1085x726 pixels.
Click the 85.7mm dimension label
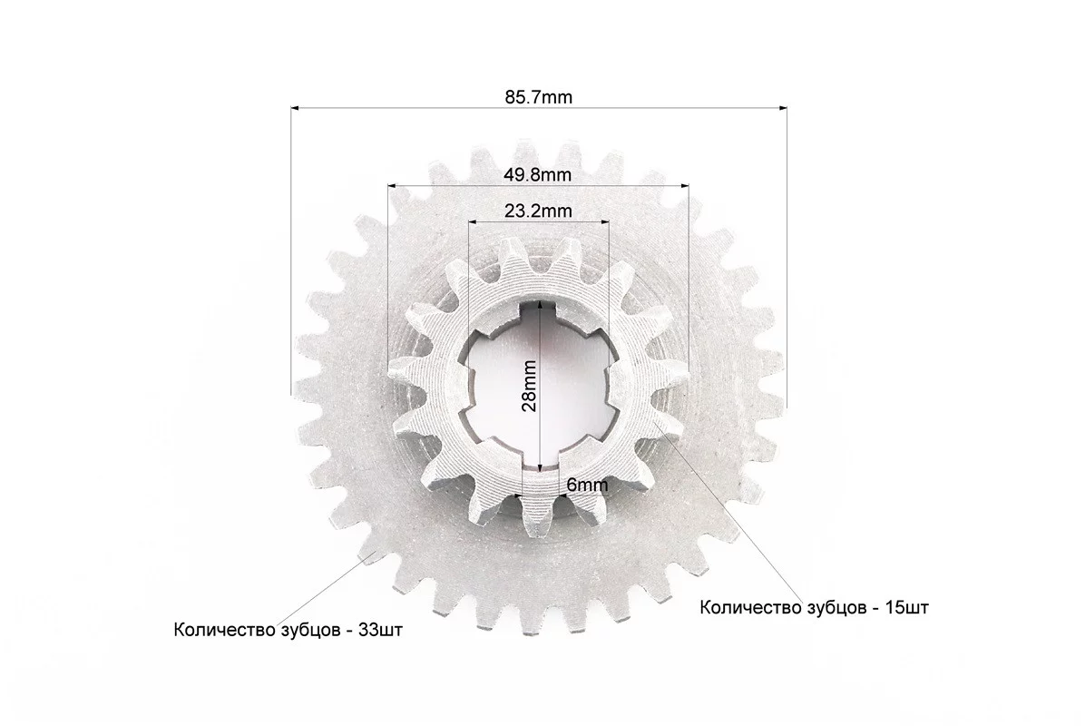click(538, 97)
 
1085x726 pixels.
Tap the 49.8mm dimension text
click(538, 174)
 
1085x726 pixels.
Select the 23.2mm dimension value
click(538, 211)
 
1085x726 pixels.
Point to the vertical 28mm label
click(529, 387)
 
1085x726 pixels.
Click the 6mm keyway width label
click(587, 486)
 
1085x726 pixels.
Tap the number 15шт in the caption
click(907, 608)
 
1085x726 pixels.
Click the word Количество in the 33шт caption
click(223, 631)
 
